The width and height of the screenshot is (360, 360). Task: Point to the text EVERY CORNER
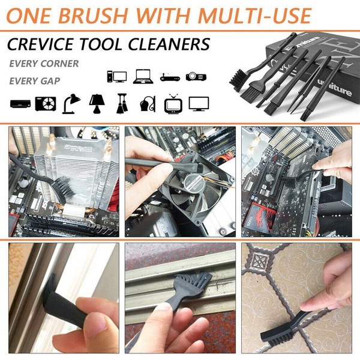pos(44,63)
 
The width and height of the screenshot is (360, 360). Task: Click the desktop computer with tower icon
pos(116,77)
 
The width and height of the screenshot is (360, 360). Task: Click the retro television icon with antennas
pos(173,103)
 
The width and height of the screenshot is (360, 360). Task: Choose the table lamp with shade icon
pos(97,103)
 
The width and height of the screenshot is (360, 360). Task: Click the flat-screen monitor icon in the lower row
pos(198,103)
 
